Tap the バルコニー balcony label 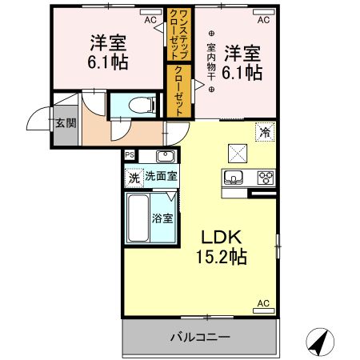pos(199,337)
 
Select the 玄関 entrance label pos(66,123)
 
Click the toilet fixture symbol pos(140,104)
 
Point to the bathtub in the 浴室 pos(138,217)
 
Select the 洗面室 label pos(161,176)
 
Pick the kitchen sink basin pos(234,178)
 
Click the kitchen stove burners pos(264,178)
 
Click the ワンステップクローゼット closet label pos(176,33)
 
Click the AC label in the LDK pos(262,304)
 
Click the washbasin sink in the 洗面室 pos(166,156)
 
